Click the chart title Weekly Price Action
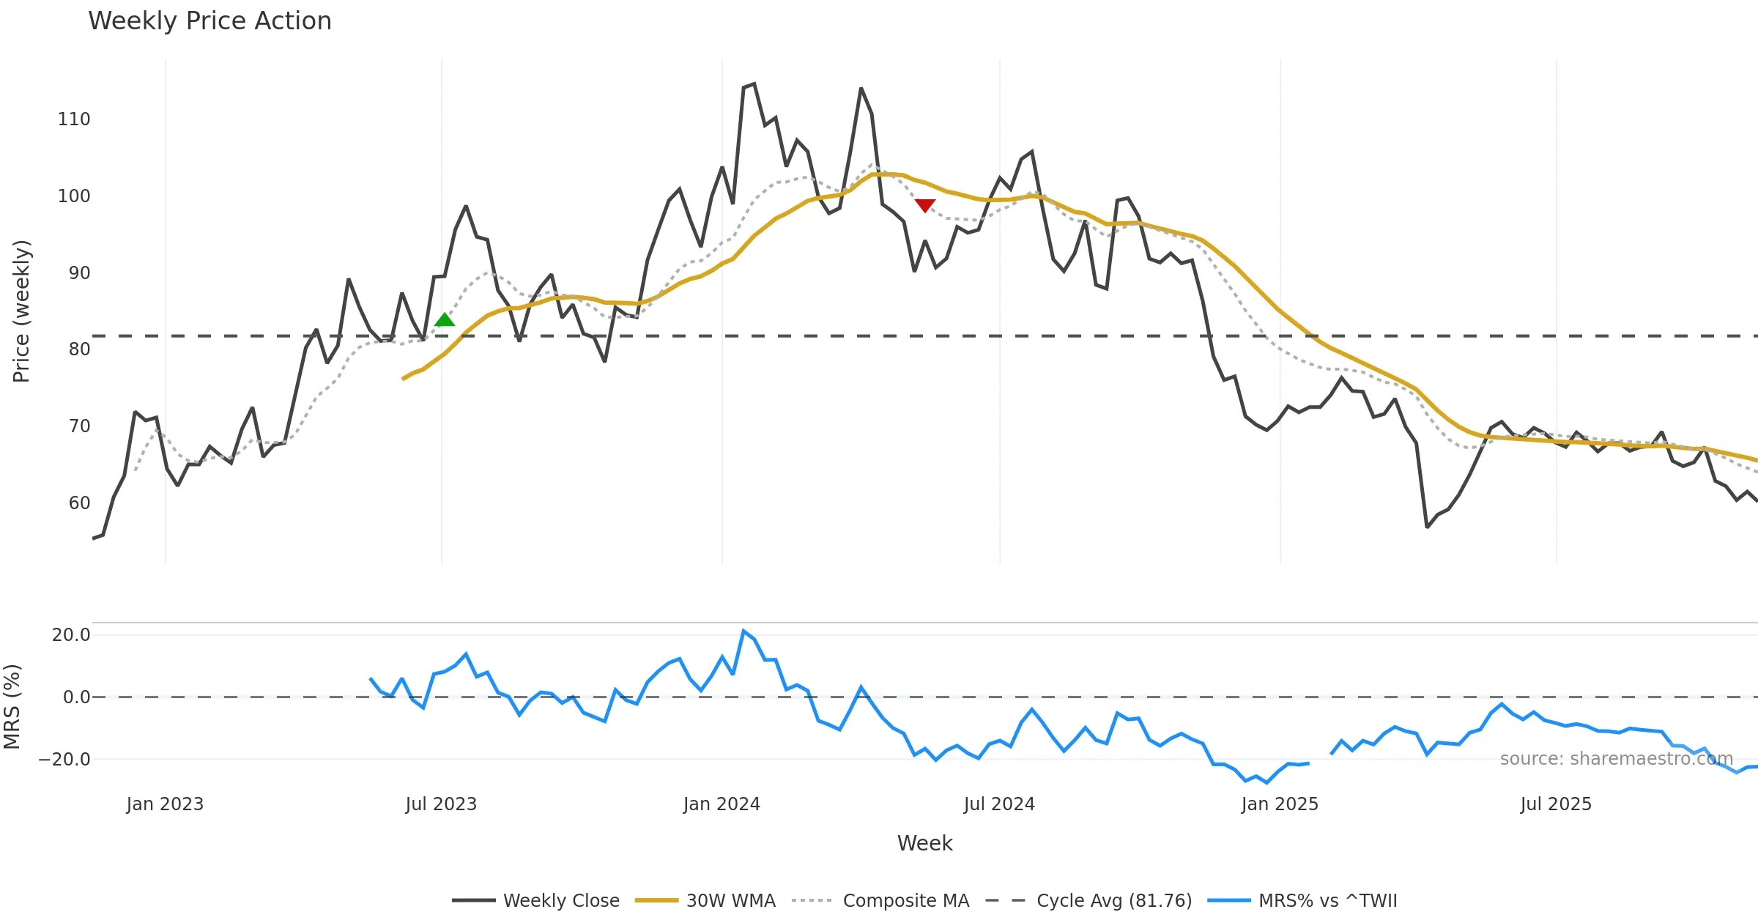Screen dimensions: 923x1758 point(209,21)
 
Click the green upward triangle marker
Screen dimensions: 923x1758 point(445,319)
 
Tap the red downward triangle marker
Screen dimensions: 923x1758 point(925,205)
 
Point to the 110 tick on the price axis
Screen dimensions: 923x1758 point(74,119)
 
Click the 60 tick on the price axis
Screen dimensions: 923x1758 point(79,503)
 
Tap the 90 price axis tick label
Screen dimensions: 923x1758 point(79,273)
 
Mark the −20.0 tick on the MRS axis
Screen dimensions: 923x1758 point(64,760)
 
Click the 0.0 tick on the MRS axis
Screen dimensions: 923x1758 point(76,697)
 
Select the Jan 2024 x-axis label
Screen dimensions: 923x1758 point(722,804)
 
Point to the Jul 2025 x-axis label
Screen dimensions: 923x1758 point(1556,804)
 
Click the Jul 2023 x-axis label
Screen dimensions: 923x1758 point(441,804)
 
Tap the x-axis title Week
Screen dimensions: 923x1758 point(924,844)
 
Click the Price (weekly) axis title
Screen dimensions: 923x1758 point(21,311)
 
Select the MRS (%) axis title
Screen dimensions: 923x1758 point(12,707)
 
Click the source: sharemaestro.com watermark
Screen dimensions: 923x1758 point(1617,759)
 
